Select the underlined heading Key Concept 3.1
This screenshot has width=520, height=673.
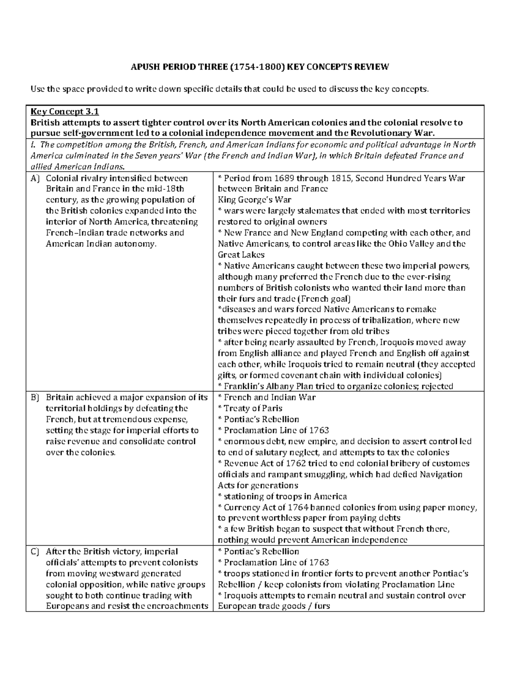[65, 111]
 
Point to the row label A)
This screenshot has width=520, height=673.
[35, 178]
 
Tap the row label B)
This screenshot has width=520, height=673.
[35, 397]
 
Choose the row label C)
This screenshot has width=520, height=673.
[35, 552]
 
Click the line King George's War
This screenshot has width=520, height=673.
[254, 200]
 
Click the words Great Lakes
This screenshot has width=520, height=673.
[241, 255]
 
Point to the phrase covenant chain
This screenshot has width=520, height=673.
[318, 375]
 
